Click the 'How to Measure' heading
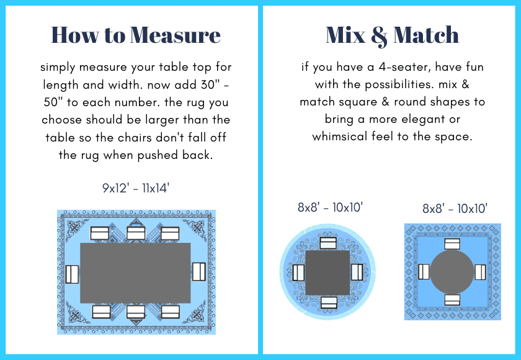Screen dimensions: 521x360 [136, 35]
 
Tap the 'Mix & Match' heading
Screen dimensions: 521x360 [393, 35]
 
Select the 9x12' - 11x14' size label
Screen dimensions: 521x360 [136, 188]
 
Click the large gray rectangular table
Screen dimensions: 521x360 [135, 273]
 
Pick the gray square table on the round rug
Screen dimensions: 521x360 [327, 272]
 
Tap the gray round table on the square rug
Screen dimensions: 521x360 [452, 272]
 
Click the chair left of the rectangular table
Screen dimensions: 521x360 [72, 274]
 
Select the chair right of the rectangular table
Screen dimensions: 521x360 [198, 272]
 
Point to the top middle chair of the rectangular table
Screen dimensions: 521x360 [136, 233]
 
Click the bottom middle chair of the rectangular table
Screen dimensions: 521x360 [136, 312]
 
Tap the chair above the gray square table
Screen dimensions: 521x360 [328, 243]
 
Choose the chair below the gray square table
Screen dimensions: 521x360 [329, 303]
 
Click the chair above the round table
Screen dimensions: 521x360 [452, 244]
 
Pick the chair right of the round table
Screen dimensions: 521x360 [480, 272]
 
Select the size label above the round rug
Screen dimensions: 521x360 [330, 207]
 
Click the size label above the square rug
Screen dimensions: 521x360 [455, 209]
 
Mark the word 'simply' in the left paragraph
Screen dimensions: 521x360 [58, 68]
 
